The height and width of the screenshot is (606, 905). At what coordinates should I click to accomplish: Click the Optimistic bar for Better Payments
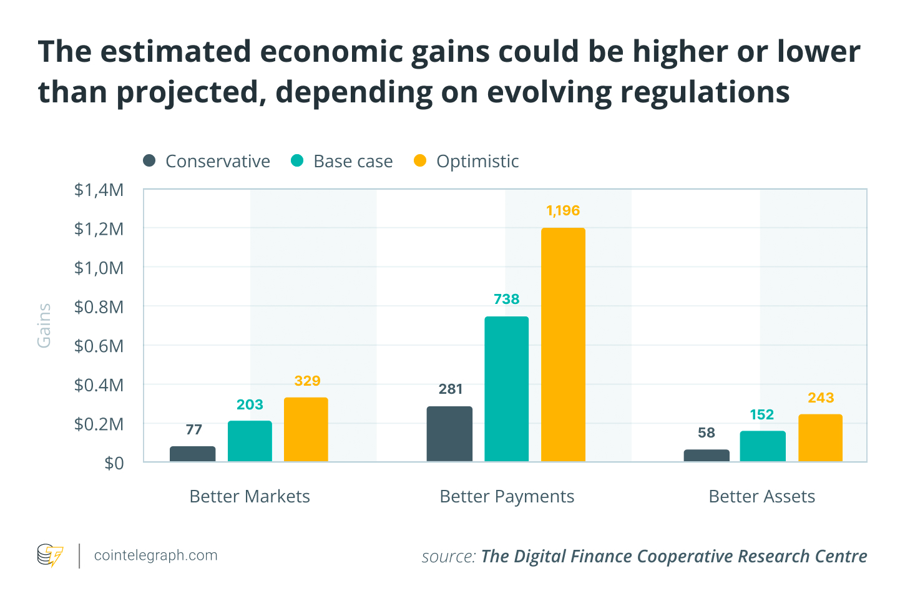[563, 345]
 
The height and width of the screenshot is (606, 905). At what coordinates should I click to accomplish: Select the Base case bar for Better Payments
[506, 389]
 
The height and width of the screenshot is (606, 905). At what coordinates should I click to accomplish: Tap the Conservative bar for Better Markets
[192, 454]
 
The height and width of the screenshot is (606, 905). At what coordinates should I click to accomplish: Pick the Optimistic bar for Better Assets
[820, 437]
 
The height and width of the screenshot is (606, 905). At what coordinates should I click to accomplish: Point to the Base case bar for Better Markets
[250, 441]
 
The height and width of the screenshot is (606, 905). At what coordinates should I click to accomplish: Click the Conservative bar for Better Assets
[707, 456]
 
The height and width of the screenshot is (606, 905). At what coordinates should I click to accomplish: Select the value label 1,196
[563, 211]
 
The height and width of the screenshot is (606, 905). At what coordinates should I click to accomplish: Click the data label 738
[506, 300]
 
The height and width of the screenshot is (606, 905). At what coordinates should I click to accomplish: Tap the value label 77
[193, 429]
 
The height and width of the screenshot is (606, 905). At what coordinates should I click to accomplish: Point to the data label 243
[820, 398]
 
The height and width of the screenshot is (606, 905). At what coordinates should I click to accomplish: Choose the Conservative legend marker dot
[149, 161]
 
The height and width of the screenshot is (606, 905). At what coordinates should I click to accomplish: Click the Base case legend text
[353, 162]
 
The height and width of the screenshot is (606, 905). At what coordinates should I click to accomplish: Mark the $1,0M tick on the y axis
[99, 268]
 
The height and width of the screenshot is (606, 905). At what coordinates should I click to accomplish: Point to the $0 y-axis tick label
[114, 463]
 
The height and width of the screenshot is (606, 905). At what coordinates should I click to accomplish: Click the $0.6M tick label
[99, 346]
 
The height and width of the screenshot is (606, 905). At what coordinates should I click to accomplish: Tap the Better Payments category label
[507, 496]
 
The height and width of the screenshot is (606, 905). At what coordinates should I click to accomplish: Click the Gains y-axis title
[44, 325]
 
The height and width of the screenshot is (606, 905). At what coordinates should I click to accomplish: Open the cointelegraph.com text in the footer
[155, 555]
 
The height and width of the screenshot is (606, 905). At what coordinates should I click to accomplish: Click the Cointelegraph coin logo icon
[50, 555]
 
